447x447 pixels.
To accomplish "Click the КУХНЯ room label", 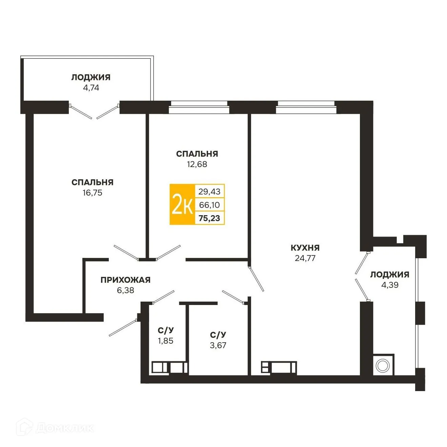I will [305, 248].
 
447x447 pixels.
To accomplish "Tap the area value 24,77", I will [305, 258].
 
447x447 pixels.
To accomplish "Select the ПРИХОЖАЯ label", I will [125, 280].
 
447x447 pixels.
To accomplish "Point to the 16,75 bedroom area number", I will [92, 193].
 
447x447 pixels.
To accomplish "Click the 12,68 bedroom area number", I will [197, 164].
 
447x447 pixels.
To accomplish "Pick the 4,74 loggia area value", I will [91, 88].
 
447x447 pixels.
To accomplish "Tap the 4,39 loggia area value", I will [390, 285].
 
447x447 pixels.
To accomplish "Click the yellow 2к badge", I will [182, 205].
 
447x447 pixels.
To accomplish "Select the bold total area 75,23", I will [209, 218].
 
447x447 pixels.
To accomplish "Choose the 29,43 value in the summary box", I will [209, 191].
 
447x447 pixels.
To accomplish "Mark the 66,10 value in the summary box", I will [209, 205].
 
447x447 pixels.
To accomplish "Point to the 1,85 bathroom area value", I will [166, 341].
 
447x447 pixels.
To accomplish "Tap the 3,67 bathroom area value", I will [218, 345].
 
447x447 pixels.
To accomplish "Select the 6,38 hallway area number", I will [125, 290].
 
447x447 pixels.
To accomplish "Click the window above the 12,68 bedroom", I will [199, 107].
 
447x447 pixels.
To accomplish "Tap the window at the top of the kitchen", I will [306, 107].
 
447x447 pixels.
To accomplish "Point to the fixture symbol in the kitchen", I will [279, 367].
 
